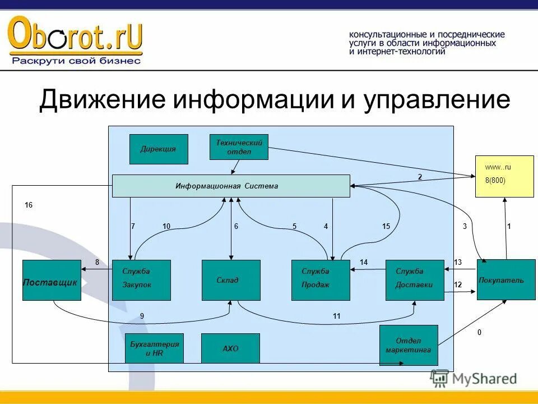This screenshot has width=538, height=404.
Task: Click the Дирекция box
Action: pos(159,149)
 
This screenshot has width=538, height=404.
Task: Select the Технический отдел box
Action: pos(239,147)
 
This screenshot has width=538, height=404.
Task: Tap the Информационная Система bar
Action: pos(231,186)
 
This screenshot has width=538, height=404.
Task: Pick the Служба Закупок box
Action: pos(141,280)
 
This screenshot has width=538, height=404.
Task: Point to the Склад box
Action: pos(231,280)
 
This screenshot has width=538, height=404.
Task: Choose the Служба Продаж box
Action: pos(321,280)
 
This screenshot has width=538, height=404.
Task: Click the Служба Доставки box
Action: pos(415,280)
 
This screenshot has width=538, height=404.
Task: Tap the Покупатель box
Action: pos(506,279)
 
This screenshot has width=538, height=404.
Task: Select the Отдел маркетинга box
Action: pos(409,345)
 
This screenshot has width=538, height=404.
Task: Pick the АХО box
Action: pos(230,348)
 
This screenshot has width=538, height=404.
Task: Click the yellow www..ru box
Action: pos(504,176)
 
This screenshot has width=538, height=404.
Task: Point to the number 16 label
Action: pos(29,205)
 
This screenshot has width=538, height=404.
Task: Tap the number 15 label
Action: pos(386,226)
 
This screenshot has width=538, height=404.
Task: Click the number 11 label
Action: pos(336,316)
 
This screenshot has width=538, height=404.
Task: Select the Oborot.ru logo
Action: pos(75,39)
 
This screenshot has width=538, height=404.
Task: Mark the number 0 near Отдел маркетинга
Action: pos(479,333)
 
